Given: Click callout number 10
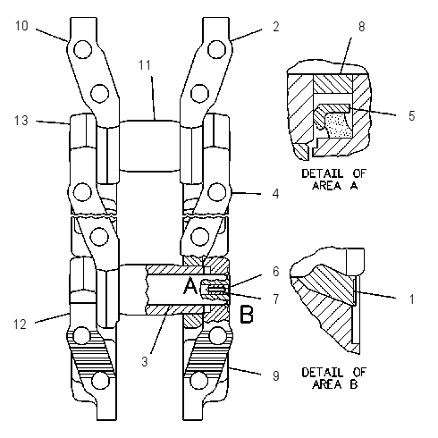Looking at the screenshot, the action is tap(21, 26).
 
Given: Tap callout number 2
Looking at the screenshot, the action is tap(276, 27).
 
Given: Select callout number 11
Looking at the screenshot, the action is tap(145, 65).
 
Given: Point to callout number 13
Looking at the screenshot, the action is tap(21, 121).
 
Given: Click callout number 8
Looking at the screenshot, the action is tap(362, 27).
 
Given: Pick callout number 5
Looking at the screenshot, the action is tap(412, 116).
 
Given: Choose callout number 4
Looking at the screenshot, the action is tap(276, 194).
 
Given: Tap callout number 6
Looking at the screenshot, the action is tap(276, 272).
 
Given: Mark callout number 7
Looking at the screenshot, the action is tap(276, 299).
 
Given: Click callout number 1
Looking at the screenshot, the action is tap(412, 299).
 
